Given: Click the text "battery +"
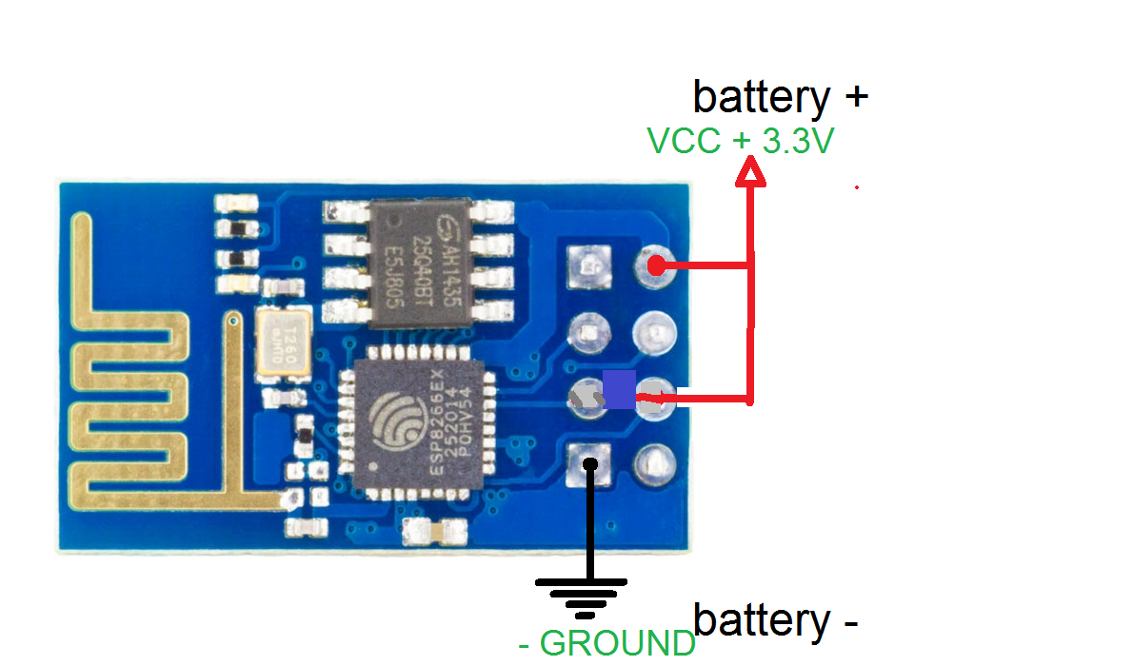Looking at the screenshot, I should (x=781, y=97).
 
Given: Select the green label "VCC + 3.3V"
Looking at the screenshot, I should (x=741, y=142).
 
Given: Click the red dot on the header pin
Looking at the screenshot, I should (x=656, y=265).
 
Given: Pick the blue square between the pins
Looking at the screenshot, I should (x=619, y=390).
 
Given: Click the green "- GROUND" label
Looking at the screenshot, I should (x=607, y=644).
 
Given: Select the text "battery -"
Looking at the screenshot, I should (x=776, y=620).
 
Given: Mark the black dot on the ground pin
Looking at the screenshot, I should (x=590, y=464).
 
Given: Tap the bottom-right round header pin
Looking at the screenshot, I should (x=656, y=464).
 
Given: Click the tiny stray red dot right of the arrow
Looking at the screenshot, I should (x=857, y=187).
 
